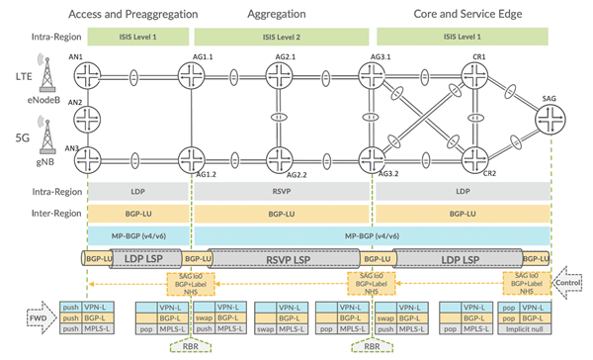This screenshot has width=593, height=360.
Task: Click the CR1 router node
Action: coord(478,75)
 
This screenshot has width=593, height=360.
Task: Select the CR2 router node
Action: coord(478,156)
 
